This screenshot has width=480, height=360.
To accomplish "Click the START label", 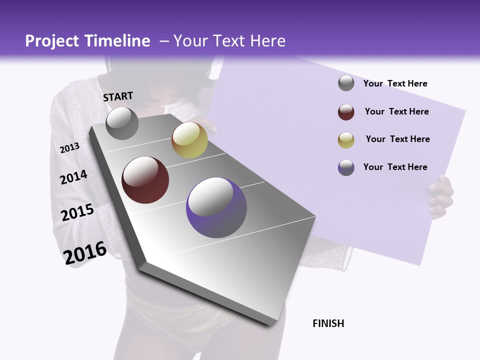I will [x=118, y=96].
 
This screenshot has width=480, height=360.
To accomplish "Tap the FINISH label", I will [x=328, y=323].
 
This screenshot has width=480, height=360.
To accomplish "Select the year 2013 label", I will [x=70, y=148].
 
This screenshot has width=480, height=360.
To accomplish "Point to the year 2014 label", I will [x=74, y=177].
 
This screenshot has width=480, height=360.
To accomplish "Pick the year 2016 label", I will [x=85, y=252].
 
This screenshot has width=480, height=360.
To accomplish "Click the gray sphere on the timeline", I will [x=122, y=123].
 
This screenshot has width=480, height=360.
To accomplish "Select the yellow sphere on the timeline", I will [x=189, y=140].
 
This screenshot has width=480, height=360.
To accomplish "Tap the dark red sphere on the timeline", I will [x=145, y=180].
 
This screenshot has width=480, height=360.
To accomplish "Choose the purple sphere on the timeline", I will [x=216, y=207].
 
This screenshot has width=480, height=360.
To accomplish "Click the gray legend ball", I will [x=346, y=83].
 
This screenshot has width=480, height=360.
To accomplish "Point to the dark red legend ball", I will [x=346, y=112].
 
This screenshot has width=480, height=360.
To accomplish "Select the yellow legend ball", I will [x=346, y=139].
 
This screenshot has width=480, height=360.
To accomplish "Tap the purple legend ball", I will [x=346, y=167].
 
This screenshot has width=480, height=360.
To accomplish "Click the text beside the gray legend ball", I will [x=395, y=83].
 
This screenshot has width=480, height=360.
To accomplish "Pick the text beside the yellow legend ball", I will [x=397, y=139].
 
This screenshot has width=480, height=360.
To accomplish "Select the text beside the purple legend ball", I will [x=395, y=167].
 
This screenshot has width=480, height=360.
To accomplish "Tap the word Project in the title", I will [x=50, y=41].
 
